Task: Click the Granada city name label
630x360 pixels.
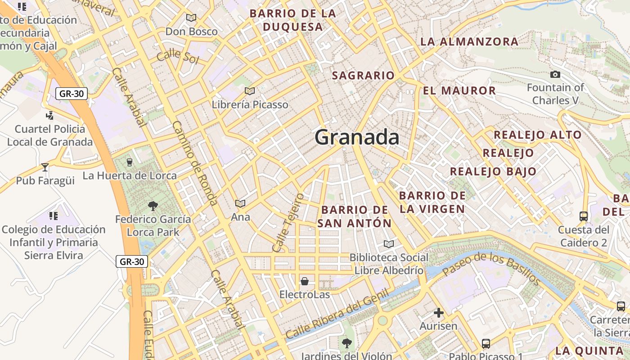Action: click(x=357, y=137)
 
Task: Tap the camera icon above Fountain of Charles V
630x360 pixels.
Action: click(x=555, y=74)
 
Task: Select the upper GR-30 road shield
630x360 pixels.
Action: click(x=72, y=94)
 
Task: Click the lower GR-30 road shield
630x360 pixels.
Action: click(x=132, y=261)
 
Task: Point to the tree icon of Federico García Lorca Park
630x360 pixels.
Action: click(x=153, y=206)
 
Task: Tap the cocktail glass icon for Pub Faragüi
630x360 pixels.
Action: click(x=45, y=167)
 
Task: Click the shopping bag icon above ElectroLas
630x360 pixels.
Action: click(x=305, y=281)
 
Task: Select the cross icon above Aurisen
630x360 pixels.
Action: click(x=438, y=312)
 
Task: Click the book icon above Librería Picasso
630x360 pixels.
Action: click(x=250, y=91)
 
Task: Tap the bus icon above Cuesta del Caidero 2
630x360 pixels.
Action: click(x=584, y=216)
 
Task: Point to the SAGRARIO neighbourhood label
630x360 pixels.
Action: click(x=363, y=76)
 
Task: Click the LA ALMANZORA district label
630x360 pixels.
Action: click(x=469, y=42)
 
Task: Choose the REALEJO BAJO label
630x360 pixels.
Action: click(x=493, y=171)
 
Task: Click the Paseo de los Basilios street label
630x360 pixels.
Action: click(x=491, y=269)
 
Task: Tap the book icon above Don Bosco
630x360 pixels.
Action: click(x=191, y=18)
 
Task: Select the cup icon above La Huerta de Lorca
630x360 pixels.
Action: click(x=130, y=162)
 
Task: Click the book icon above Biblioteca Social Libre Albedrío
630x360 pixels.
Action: click(x=388, y=244)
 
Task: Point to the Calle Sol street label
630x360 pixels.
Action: click(x=178, y=57)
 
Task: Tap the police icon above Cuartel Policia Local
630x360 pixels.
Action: click(x=50, y=115)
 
